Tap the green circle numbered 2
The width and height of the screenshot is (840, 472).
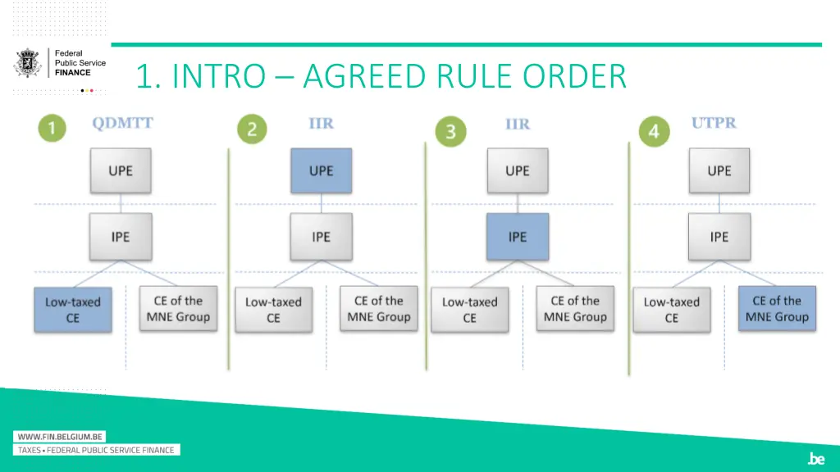(x=253, y=129)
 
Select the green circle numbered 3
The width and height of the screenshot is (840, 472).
(x=450, y=131)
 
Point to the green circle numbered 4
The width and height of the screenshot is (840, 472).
(x=654, y=131)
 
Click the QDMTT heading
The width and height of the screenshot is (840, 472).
(x=122, y=124)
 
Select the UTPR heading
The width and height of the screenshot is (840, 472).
(x=714, y=123)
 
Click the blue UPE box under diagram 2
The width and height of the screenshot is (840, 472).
(x=321, y=171)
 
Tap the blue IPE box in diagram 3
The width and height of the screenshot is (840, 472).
(x=517, y=237)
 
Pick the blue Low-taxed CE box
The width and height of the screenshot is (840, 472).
(x=73, y=309)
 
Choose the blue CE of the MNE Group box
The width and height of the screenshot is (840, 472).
(x=776, y=309)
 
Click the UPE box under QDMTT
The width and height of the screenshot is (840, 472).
(x=121, y=171)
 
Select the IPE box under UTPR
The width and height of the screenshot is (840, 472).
(x=719, y=237)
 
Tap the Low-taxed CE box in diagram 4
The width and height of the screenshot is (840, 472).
(x=672, y=309)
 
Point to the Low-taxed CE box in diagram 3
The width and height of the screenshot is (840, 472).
(x=470, y=309)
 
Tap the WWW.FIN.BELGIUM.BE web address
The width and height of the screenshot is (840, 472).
(x=60, y=437)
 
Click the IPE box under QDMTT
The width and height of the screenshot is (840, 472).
(x=121, y=237)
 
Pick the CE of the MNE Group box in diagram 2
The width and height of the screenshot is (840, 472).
(x=378, y=309)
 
